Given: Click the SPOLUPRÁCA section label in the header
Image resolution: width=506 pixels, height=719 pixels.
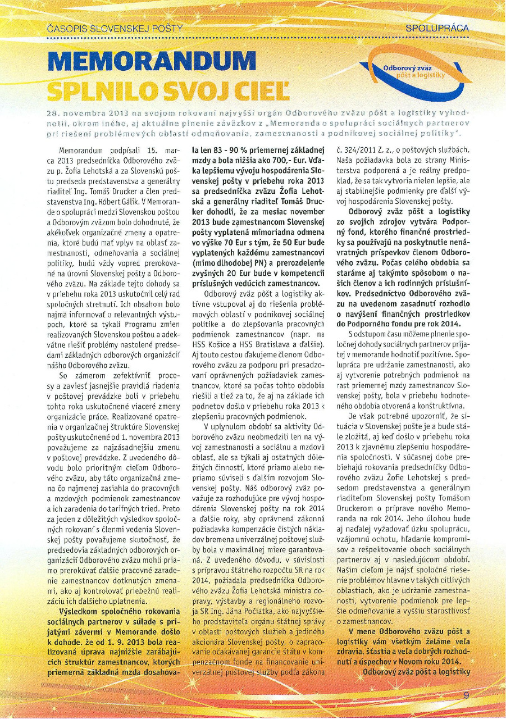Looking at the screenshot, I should pos(437,28).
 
